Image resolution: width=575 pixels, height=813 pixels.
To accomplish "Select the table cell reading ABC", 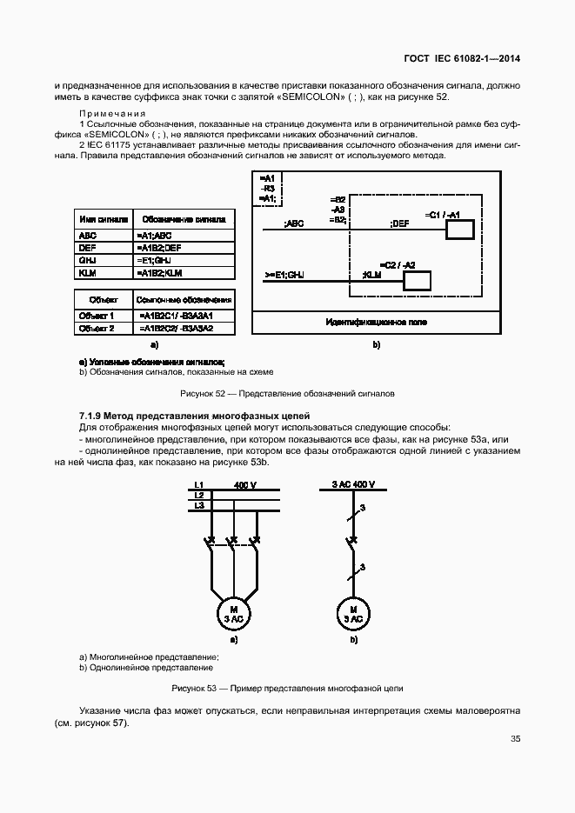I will pyautogui.click(x=87, y=236).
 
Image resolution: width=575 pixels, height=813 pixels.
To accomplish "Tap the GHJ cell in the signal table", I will pyautogui.click(x=87, y=260).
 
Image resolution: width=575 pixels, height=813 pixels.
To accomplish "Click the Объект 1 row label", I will pyautogui.click(x=96, y=316).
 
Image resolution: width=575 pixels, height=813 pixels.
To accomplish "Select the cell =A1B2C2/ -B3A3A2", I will pyautogui.click(x=176, y=328).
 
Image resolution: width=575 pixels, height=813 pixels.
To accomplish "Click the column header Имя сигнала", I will pyautogui.click(x=104, y=220).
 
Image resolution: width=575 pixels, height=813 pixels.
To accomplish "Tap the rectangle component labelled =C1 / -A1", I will pyautogui.click(x=459, y=230).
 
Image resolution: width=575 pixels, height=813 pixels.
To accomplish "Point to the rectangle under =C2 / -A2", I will pyautogui.click(x=418, y=281).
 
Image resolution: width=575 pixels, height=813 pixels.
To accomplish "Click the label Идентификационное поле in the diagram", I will pyautogui.click(x=376, y=323).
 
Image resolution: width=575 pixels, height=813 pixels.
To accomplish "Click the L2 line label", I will pyautogui.click(x=199, y=495).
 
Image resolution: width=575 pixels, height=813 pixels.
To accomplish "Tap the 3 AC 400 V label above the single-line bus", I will pyautogui.click(x=353, y=484).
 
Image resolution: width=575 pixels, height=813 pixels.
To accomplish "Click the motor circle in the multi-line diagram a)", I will pyautogui.click(x=232, y=612).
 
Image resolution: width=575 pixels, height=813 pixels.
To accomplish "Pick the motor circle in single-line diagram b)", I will pyautogui.click(x=353, y=612).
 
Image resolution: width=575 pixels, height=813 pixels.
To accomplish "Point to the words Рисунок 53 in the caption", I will pyautogui.click(x=195, y=689).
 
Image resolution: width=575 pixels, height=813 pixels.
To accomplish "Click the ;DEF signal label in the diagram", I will pyautogui.click(x=400, y=223).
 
